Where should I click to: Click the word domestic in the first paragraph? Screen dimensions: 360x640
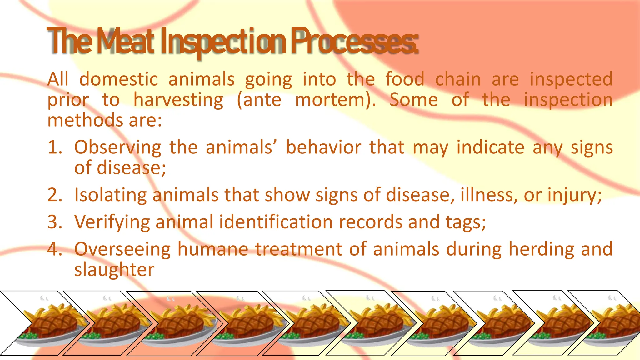click(x=119, y=79)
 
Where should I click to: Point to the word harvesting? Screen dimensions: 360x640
click(x=178, y=100)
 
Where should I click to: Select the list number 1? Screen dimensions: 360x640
click(x=54, y=147)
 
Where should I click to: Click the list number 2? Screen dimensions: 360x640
click(x=55, y=195)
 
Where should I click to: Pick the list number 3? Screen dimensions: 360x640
click(x=55, y=222)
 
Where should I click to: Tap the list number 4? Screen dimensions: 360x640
click(x=55, y=249)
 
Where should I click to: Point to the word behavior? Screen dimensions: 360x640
click(x=323, y=147)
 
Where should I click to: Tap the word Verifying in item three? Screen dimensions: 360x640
click(x=112, y=222)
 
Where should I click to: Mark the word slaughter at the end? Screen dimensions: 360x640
click(x=114, y=270)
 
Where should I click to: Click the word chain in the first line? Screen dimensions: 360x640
click(x=458, y=79)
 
